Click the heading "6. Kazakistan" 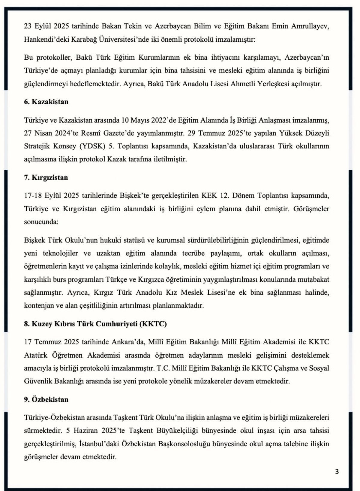[x=46, y=102]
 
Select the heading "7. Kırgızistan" [x=46, y=177]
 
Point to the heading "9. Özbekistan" [x=46, y=399]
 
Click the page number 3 [x=337, y=472]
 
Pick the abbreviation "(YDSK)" [x=92, y=146]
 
